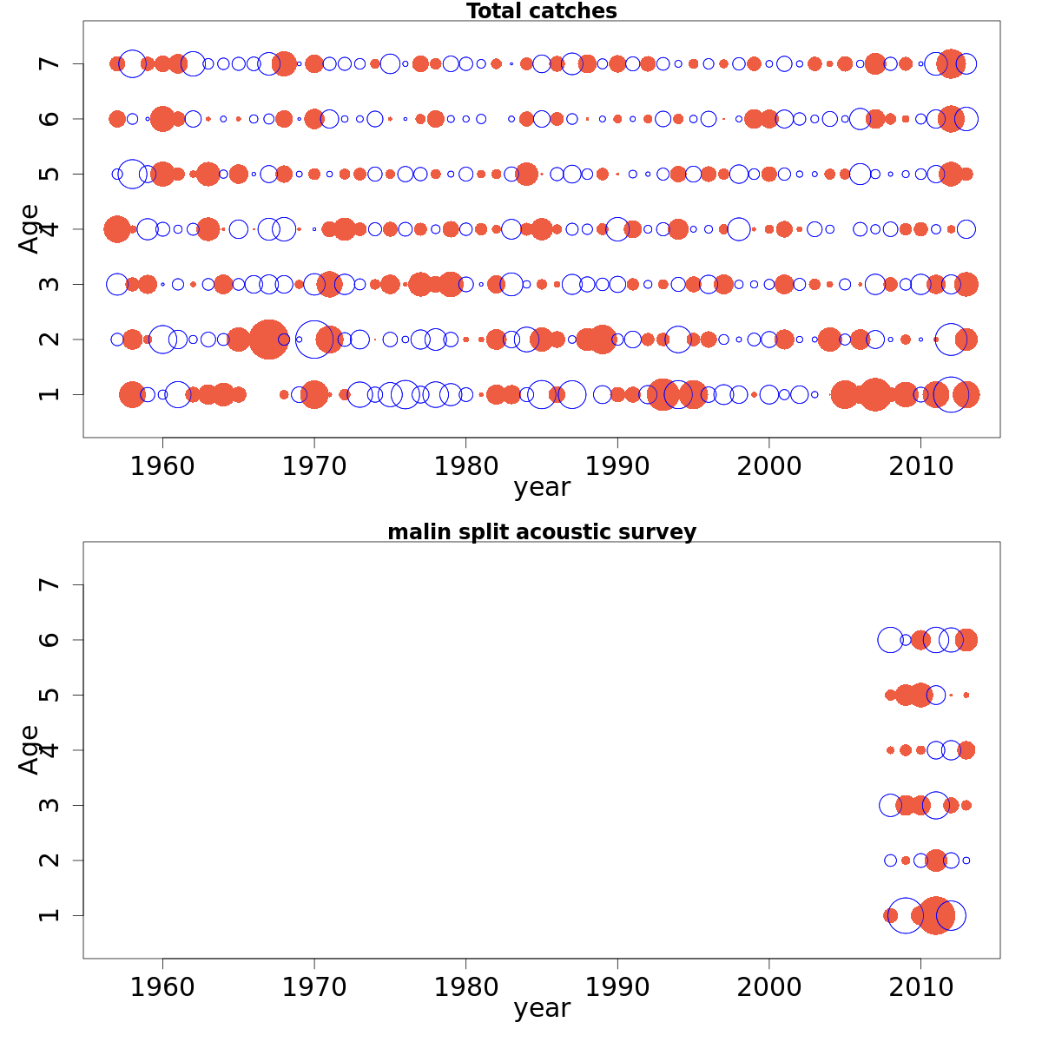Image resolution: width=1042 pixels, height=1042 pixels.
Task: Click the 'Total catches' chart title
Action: pyautogui.click(x=542, y=11)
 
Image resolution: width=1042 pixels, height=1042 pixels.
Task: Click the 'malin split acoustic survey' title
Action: pyautogui.click(x=542, y=532)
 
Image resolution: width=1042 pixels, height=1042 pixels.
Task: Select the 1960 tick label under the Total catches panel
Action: pyautogui.click(x=162, y=466)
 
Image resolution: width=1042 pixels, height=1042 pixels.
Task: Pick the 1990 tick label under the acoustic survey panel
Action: pyautogui.click(x=617, y=987)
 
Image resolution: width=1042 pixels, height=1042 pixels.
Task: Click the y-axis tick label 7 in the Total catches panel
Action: pyautogui.click(x=50, y=63)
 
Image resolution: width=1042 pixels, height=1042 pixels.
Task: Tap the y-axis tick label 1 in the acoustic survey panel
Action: pyautogui.click(x=50, y=915)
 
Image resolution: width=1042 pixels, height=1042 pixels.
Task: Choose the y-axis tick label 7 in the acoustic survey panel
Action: pyautogui.click(x=50, y=584)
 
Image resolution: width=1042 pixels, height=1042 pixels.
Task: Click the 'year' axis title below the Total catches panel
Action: pyautogui.click(x=542, y=488)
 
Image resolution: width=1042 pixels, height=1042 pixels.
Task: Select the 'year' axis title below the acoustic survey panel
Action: pyautogui.click(x=542, y=1009)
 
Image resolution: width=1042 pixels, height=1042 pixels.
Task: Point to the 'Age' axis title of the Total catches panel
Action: pyautogui.click(x=30, y=228)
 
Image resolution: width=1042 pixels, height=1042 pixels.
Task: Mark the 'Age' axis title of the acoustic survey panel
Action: pyautogui.click(x=30, y=749)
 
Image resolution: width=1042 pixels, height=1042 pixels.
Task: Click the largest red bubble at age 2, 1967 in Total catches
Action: pyautogui.click(x=268, y=339)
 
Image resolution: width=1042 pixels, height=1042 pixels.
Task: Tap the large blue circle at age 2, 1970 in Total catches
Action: pyautogui.click(x=313, y=339)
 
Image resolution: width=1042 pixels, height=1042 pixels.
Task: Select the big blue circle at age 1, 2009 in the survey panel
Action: pyautogui.click(x=906, y=915)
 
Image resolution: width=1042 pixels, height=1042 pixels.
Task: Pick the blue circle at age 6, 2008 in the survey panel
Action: pyautogui.click(x=890, y=640)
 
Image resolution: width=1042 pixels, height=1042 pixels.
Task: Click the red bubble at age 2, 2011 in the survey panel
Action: pyautogui.click(x=935, y=861)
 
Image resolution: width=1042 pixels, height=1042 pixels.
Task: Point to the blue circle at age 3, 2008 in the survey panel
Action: pyautogui.click(x=890, y=805)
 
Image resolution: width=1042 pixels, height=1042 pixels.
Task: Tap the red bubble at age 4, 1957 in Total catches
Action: pyautogui.click(x=117, y=229)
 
